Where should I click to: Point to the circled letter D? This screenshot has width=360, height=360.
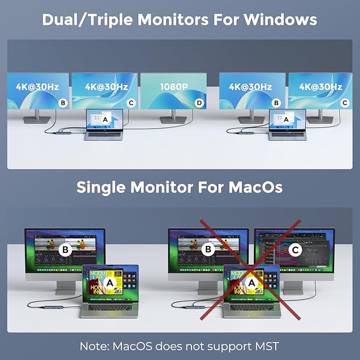pyautogui.click(x=199, y=103)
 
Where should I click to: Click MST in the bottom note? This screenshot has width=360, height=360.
pyautogui.click(x=265, y=346)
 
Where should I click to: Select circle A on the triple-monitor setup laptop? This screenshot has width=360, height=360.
pyautogui.click(x=104, y=120)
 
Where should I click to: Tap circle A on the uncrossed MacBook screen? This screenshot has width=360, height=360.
pyautogui.click(x=110, y=283)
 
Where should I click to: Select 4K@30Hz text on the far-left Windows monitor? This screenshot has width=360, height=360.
pyautogui.click(x=38, y=86)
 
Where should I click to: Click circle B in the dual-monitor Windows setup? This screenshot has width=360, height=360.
pyautogui.click(x=276, y=103)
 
